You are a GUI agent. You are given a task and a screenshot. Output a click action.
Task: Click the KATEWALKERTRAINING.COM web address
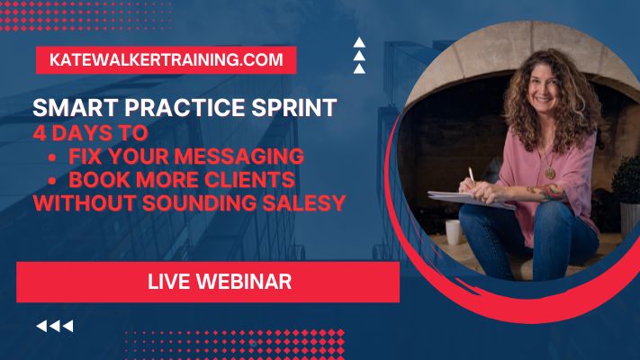pos(167,60)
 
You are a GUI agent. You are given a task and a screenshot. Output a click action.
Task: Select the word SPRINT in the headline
pos(293,108)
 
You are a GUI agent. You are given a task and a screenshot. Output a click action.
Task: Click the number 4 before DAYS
pos(40,133)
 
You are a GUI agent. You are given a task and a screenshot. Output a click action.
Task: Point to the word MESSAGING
pos(241,157)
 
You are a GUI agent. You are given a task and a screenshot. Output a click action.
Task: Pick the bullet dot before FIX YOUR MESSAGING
pos(52,157)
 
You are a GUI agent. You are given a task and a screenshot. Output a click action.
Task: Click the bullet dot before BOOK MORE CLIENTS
pos(52,180)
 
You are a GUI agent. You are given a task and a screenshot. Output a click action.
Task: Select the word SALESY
pos(304,203)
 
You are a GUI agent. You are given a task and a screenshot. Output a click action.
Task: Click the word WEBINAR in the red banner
pos(244,282)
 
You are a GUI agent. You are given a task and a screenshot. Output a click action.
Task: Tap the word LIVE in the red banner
pos(168,282)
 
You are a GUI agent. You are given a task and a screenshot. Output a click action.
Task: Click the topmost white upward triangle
pos(359,42)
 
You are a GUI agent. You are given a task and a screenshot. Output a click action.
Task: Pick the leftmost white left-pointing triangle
pos(41,326)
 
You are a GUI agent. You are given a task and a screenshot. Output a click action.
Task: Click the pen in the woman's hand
pos(472,175)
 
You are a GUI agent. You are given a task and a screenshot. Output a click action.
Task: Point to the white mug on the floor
pos(454,232)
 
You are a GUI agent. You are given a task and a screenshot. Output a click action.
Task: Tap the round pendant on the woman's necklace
pos(551,173)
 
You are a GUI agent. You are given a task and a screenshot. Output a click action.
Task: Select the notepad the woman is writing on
pos(469,199)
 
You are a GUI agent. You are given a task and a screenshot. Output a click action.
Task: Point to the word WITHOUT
pos(85,203)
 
